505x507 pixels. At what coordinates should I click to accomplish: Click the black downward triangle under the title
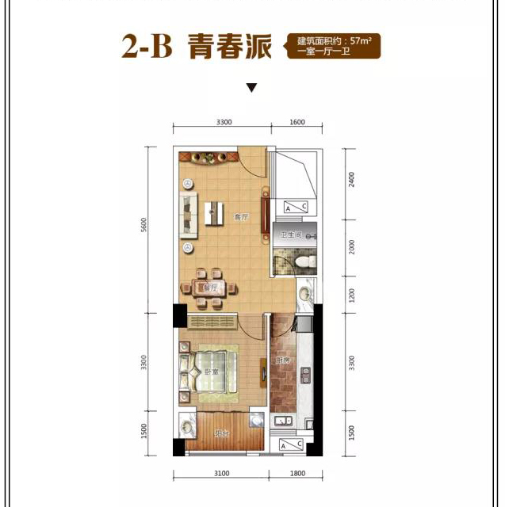(251, 88)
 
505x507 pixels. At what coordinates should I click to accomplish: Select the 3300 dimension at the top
(223, 122)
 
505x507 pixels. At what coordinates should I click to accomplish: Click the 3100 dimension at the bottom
(221, 473)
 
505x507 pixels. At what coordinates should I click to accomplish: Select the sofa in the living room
(189, 215)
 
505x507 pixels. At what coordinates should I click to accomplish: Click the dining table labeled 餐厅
(210, 288)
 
